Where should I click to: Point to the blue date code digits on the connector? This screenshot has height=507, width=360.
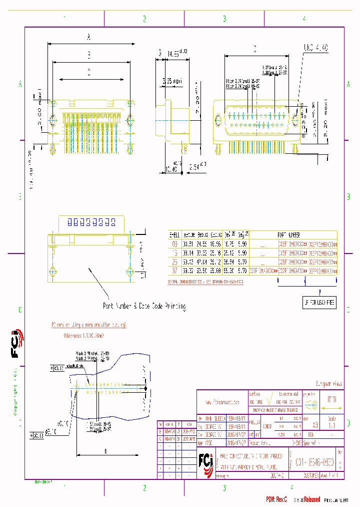coord(87,222)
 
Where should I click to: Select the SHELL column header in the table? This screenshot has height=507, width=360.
coord(174,234)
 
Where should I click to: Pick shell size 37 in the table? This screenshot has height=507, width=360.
coord(174,271)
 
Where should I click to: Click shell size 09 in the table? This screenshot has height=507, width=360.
coord(174,243)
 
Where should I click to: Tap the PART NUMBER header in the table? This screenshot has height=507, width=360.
coord(288,234)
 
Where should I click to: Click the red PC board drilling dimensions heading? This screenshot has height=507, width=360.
coord(89,325)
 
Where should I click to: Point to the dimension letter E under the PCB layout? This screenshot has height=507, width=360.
coord(105,451)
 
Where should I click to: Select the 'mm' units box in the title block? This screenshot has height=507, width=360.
coord(331,400)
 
